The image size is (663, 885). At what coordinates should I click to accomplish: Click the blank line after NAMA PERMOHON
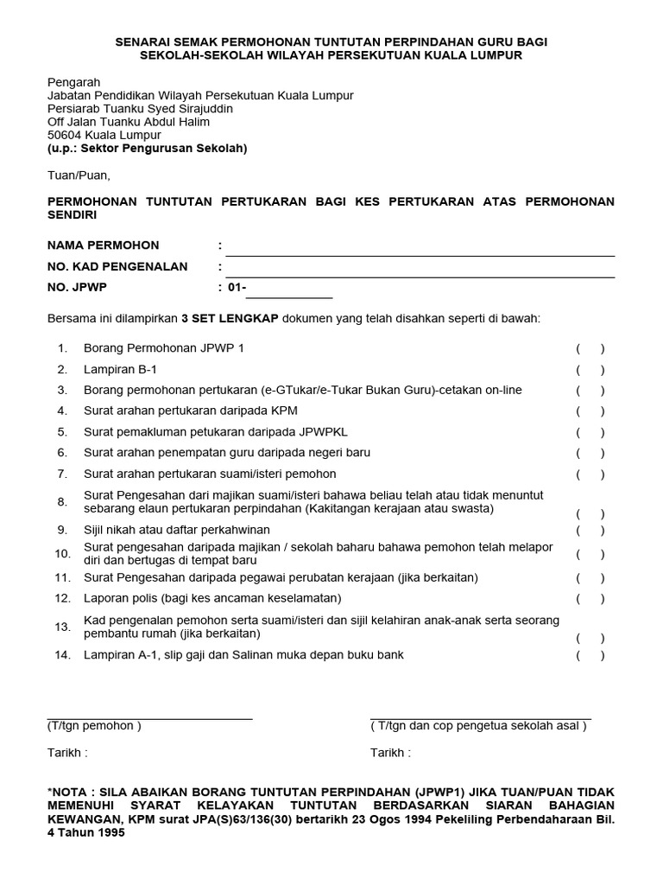click(x=420, y=255)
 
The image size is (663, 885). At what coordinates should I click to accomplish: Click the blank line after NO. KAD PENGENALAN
click(x=420, y=277)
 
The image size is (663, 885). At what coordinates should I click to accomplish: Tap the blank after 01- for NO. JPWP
click(x=289, y=296)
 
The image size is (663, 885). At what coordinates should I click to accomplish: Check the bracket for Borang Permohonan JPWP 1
click(x=590, y=349)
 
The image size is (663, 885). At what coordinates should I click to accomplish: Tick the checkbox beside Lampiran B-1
click(x=590, y=370)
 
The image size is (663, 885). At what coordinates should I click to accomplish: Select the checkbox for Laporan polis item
click(x=590, y=599)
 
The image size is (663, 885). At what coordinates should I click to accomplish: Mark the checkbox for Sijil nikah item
click(x=590, y=530)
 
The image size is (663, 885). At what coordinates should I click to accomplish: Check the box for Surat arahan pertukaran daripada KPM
click(x=590, y=411)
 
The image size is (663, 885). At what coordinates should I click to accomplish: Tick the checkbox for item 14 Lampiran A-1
click(x=590, y=656)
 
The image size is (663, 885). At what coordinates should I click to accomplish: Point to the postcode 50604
click(x=65, y=136)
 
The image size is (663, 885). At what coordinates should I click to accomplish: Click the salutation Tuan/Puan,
click(x=79, y=175)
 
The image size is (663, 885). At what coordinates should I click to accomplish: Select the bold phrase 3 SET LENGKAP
click(x=230, y=318)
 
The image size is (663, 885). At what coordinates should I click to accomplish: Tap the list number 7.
click(x=62, y=474)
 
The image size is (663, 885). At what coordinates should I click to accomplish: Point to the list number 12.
click(x=62, y=598)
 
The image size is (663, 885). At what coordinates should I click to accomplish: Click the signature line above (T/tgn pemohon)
click(x=149, y=718)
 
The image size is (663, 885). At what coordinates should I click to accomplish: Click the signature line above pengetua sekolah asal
click(x=481, y=718)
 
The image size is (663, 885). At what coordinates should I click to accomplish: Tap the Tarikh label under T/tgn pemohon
click(x=67, y=753)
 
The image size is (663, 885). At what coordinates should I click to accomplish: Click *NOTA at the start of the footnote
click(x=70, y=792)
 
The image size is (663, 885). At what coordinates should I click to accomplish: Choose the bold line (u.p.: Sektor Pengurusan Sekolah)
click(x=147, y=149)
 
